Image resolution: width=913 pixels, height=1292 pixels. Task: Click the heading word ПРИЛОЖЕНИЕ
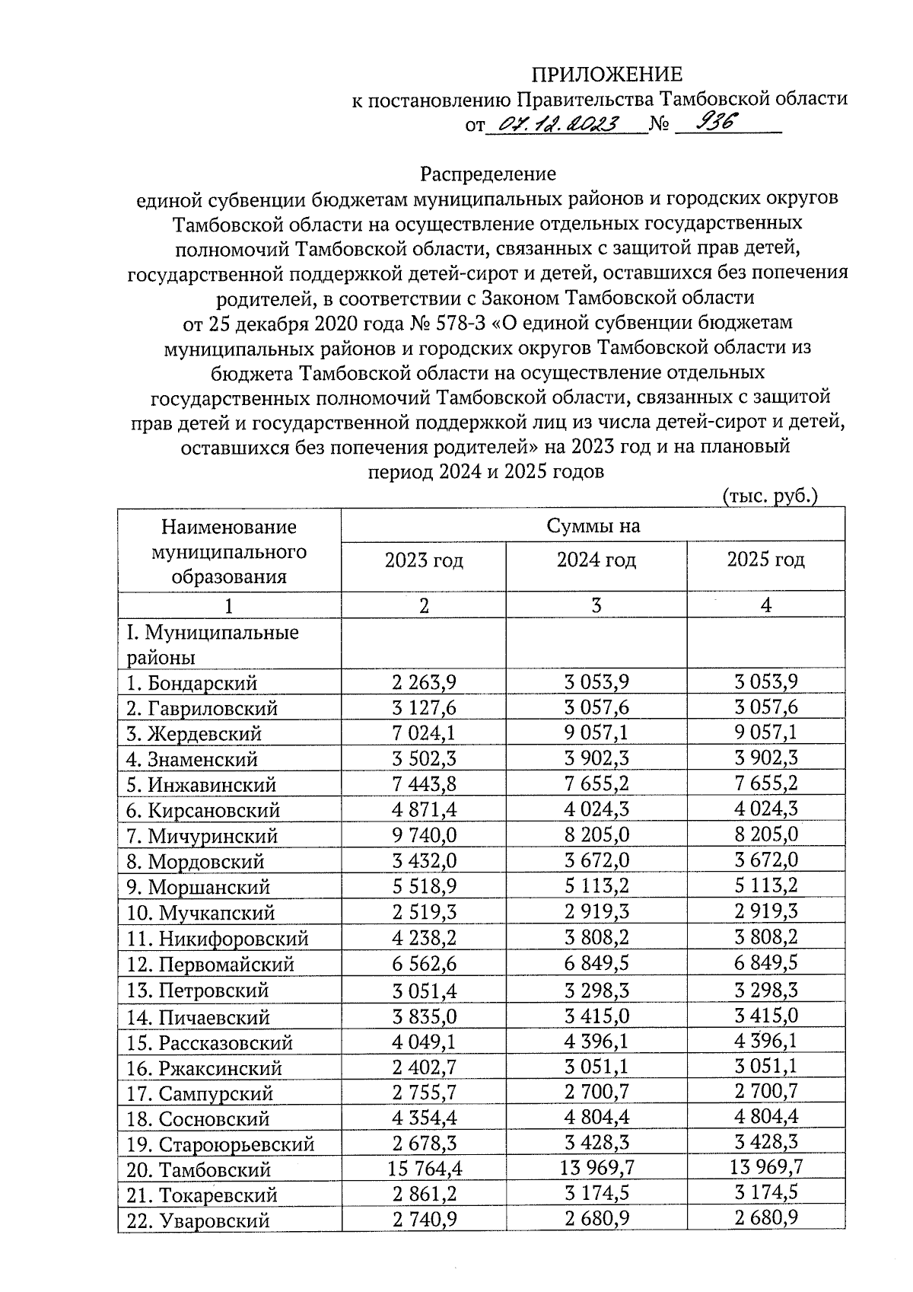(x=606, y=75)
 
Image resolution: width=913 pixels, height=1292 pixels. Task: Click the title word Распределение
(x=488, y=174)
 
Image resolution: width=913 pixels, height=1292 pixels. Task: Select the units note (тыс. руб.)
(x=769, y=496)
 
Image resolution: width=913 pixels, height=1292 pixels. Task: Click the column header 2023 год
(x=424, y=562)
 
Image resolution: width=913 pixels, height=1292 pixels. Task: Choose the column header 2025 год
(x=765, y=560)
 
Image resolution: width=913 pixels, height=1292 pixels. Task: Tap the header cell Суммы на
(x=593, y=526)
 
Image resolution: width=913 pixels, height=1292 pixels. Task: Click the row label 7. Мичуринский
(x=202, y=837)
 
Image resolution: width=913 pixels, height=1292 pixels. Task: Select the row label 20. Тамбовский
(x=199, y=1170)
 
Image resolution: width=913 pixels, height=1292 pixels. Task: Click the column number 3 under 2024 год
(x=596, y=606)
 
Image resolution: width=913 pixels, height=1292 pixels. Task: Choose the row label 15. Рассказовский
(x=209, y=1043)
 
